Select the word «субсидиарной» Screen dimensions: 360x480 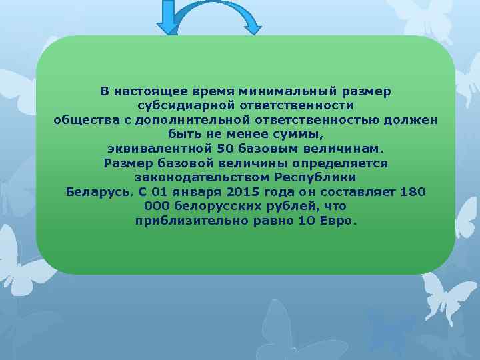point(179,105)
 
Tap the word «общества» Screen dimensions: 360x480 point(82,119)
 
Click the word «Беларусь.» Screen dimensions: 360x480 point(99,192)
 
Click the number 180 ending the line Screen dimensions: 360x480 point(413,192)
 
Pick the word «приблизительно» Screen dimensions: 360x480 point(186,221)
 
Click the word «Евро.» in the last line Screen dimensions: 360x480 point(340,221)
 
